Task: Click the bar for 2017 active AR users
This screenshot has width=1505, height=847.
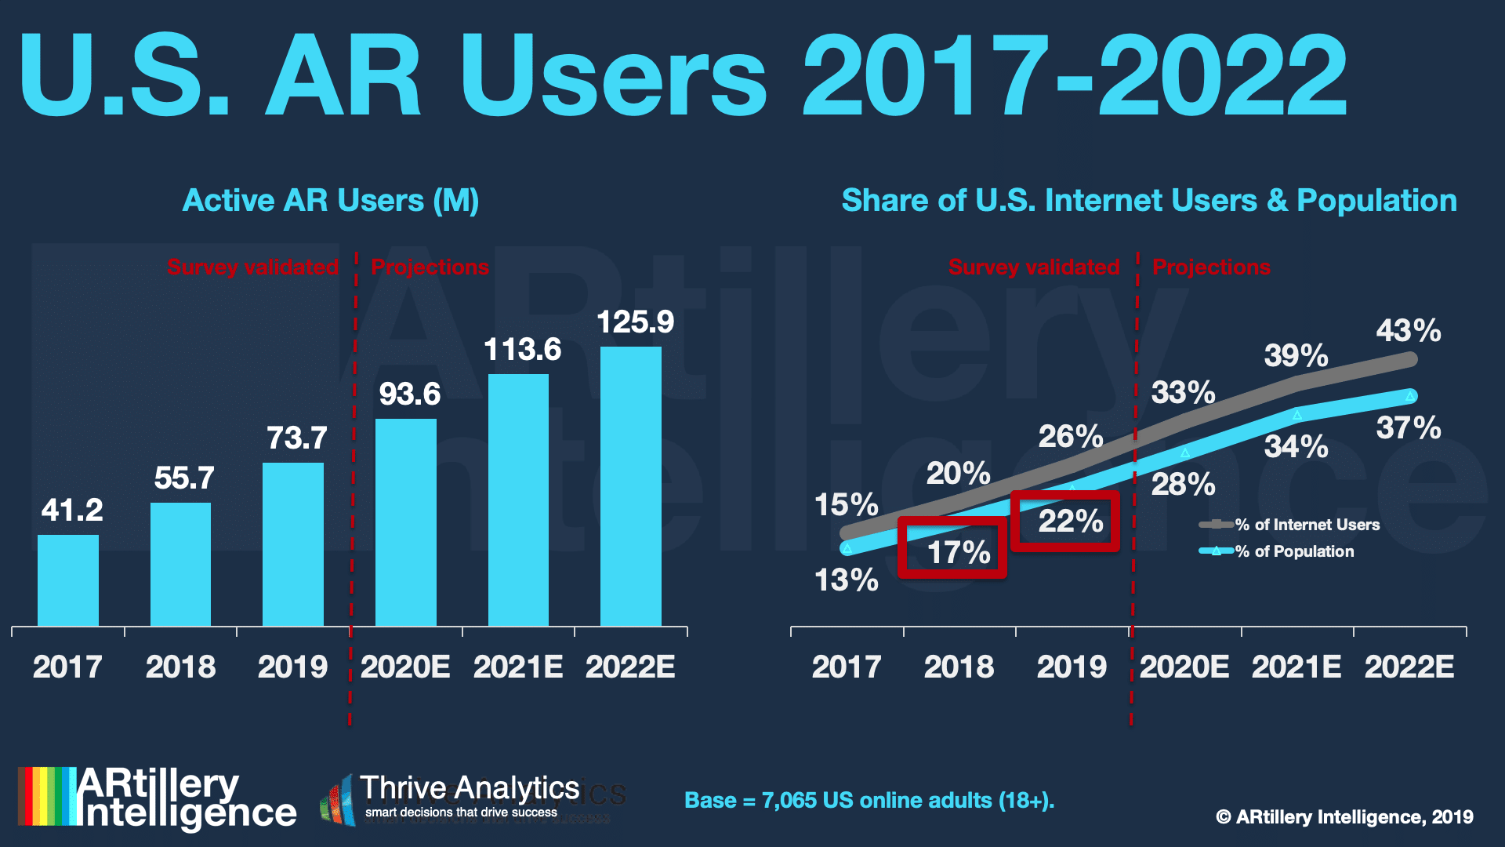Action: pyautogui.click(x=68, y=580)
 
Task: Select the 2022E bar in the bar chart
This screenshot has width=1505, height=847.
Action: pyautogui.click(x=631, y=486)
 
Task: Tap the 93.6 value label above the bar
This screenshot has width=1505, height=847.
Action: pyautogui.click(x=409, y=394)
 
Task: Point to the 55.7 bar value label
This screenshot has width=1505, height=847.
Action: pyautogui.click(x=184, y=478)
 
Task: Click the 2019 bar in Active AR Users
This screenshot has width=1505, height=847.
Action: pyautogui.click(x=293, y=544)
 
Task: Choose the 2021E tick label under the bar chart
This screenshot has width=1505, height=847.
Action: pyautogui.click(x=518, y=667)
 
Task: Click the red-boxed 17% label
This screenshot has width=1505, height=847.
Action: pyautogui.click(x=959, y=552)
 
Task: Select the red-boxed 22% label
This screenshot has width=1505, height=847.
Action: pyautogui.click(x=1071, y=522)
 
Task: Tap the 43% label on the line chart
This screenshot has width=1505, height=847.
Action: pyautogui.click(x=1409, y=330)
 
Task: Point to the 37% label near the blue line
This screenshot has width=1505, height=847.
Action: pyautogui.click(x=1409, y=428)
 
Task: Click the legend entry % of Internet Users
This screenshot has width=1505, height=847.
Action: pyautogui.click(x=1307, y=525)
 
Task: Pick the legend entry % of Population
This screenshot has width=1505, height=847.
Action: pyautogui.click(x=1294, y=551)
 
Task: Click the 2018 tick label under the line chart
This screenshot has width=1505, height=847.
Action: pyautogui.click(x=959, y=667)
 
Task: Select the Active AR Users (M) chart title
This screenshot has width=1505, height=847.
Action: pyautogui.click(x=330, y=201)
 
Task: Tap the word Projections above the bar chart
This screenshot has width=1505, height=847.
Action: pyautogui.click(x=430, y=267)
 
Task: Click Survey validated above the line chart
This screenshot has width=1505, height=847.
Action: pyautogui.click(x=1034, y=267)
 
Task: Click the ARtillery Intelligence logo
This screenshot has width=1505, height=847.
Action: pyautogui.click(x=158, y=798)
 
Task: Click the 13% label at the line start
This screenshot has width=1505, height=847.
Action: pyautogui.click(x=846, y=580)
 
